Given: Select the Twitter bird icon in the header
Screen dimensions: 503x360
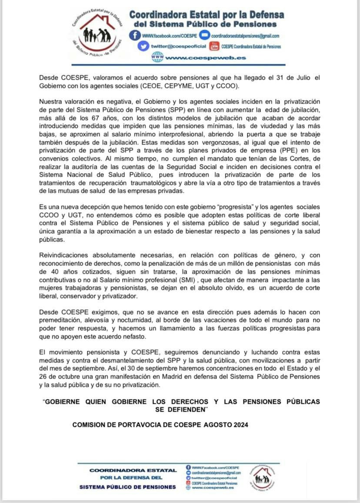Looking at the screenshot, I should pyautogui.click(x=143, y=46).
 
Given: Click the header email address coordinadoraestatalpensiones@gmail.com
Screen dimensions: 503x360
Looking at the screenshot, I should pyautogui.click(x=245, y=36).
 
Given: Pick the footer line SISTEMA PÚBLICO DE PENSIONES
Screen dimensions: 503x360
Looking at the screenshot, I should pyautogui.click(x=128, y=487).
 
